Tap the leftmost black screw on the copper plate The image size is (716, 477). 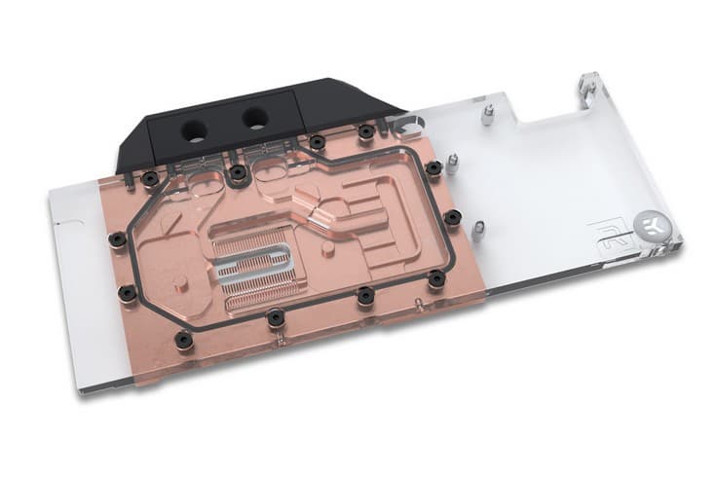click(117, 238)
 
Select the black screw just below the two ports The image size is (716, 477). click(237, 173)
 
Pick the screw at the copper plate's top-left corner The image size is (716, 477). click(149, 178)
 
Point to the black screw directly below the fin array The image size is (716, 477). click(276, 315)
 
